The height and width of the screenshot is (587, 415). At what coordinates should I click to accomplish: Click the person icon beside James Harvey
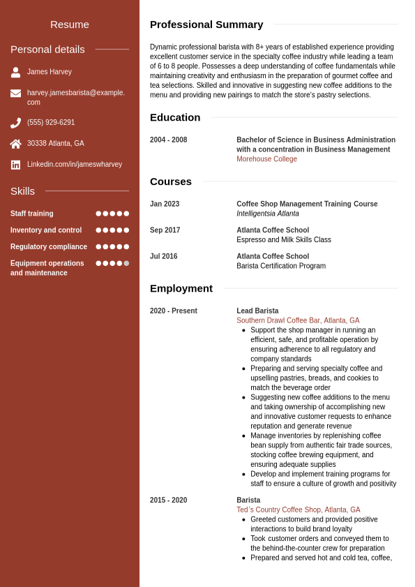click(x=15, y=72)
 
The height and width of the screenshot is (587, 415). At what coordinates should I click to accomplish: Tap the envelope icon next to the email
click(x=15, y=94)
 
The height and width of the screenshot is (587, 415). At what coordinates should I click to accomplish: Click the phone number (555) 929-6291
click(x=51, y=123)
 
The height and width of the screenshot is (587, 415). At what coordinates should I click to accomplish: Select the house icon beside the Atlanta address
click(x=15, y=144)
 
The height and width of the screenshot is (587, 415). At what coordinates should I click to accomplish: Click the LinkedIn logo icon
click(x=15, y=165)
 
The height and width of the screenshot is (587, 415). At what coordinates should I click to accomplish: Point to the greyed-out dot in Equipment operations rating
click(x=126, y=263)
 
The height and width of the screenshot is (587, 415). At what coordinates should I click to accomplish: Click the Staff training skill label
click(x=32, y=214)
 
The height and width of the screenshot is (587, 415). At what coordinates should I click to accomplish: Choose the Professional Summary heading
click(x=206, y=24)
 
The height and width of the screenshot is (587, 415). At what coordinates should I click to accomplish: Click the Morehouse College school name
click(x=266, y=159)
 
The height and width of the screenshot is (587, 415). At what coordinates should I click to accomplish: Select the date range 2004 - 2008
click(x=168, y=140)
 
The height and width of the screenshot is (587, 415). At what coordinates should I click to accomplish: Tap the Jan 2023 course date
click(x=165, y=205)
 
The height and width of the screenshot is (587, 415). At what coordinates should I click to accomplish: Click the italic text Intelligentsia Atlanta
click(x=267, y=214)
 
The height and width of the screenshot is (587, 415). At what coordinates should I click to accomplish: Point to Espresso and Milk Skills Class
click(x=283, y=239)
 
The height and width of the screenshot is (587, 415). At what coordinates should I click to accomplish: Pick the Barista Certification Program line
click(x=280, y=266)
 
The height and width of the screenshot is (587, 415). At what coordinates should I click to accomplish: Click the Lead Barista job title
click(x=257, y=311)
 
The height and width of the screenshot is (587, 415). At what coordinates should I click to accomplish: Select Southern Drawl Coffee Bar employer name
click(x=298, y=320)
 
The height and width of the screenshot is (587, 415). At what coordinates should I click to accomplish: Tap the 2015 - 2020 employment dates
click(x=168, y=500)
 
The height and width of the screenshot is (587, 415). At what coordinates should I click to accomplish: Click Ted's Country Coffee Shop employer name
click(x=298, y=510)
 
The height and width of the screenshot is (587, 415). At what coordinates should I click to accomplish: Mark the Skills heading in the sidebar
click(x=22, y=191)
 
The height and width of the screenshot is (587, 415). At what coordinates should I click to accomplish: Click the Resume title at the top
click(x=70, y=24)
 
